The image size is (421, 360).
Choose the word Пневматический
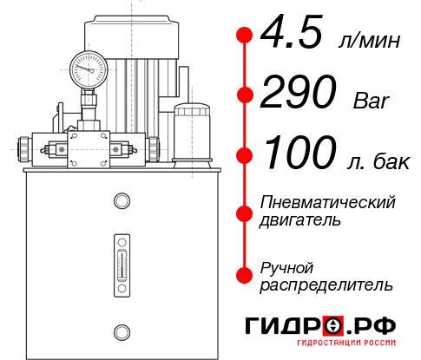point(329,202)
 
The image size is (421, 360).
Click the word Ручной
point(287,266)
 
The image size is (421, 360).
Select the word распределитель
point(326,285)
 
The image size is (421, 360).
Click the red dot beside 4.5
point(244,35)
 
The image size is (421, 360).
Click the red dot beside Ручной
point(244,275)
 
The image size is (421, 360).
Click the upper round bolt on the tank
point(121,202)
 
